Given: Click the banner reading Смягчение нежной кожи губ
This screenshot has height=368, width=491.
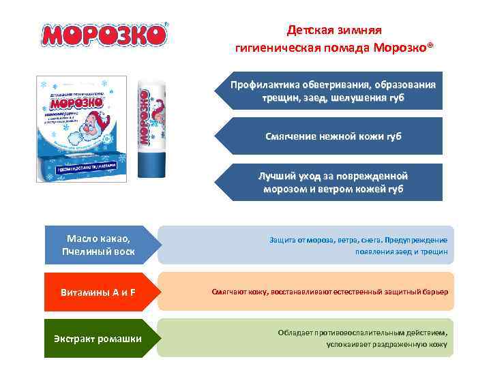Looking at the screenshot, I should [x=332, y=136].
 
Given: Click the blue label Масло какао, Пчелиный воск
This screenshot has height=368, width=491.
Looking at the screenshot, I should [x=98, y=245].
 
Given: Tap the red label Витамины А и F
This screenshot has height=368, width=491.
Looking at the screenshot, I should [x=98, y=292].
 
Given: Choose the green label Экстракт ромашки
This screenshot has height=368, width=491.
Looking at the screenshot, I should [x=98, y=338].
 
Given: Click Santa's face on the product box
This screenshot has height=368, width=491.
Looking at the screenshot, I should [x=88, y=129].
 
